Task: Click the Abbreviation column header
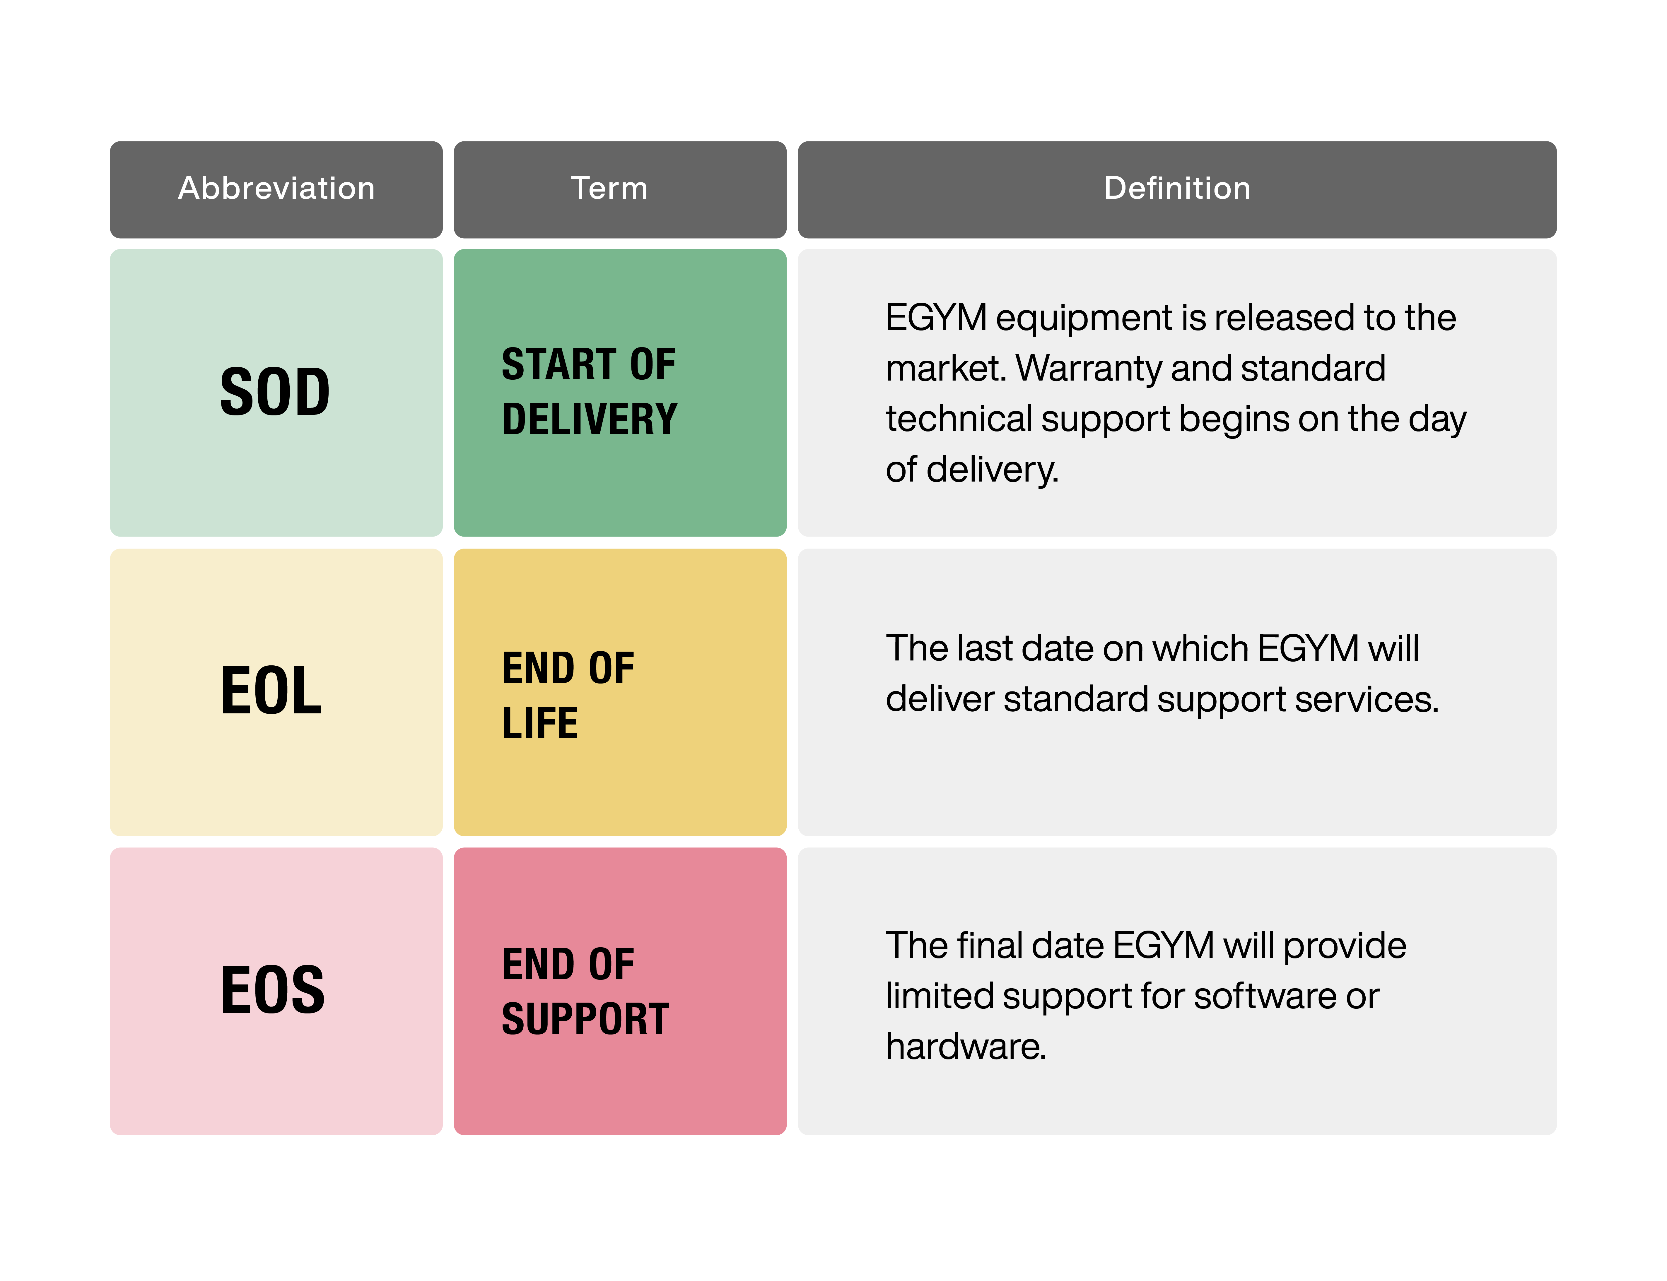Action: point(276,188)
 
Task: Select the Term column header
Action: point(609,188)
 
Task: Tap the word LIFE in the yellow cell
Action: point(539,723)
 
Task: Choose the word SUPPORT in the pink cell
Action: point(585,1020)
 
